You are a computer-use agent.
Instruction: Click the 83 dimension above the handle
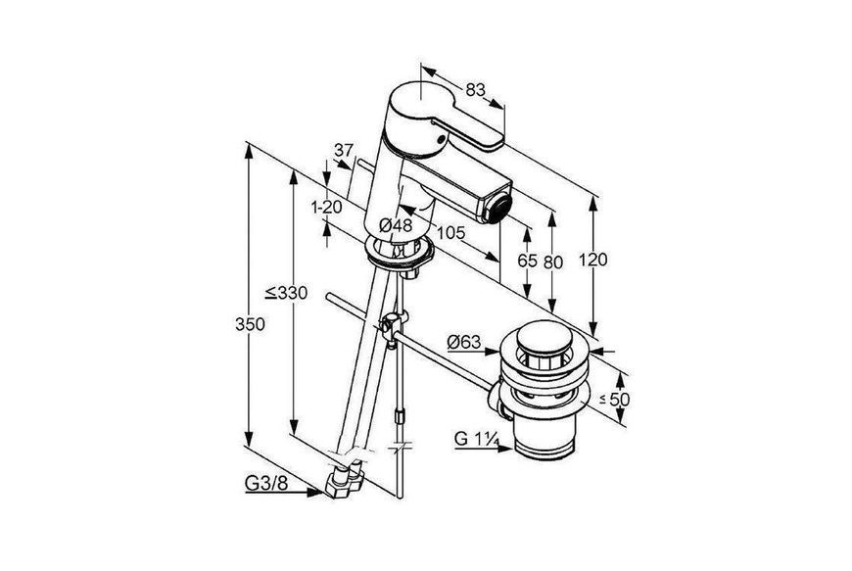coord(474,90)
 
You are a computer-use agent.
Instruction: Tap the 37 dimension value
coord(344,150)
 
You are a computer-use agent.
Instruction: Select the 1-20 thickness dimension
coord(326,207)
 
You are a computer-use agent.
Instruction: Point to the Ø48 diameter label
coord(396,224)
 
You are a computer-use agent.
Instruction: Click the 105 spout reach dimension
coord(451,233)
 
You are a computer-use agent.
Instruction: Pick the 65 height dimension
coord(527,262)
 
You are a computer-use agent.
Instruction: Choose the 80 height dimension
coord(553,262)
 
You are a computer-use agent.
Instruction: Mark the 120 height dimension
coord(592,260)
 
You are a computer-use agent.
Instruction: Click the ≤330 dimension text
coord(286,294)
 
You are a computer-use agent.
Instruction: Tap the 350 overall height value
coord(250,324)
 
